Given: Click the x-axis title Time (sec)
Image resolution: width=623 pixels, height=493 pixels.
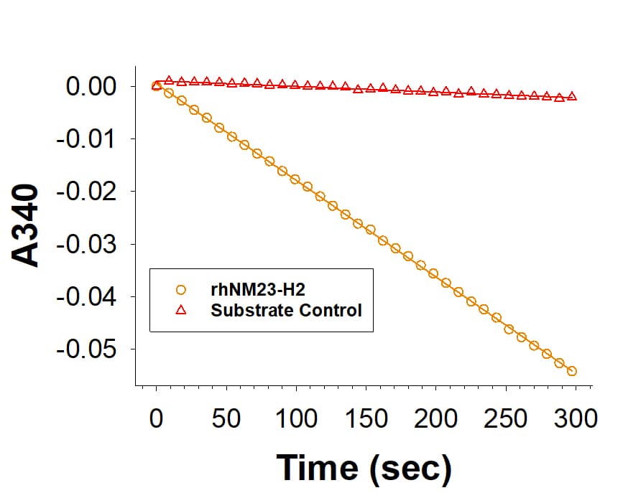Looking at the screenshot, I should [x=364, y=466].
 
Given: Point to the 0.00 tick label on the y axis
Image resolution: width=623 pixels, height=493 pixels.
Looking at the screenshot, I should [x=91, y=87].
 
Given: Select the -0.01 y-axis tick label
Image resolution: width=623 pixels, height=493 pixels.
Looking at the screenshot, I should [x=88, y=139].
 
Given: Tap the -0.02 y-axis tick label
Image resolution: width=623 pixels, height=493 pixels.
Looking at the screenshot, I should [x=88, y=192].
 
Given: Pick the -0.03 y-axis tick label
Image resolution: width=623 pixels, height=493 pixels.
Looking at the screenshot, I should [x=88, y=244].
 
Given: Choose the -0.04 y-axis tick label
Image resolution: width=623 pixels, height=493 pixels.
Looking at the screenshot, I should [x=88, y=296].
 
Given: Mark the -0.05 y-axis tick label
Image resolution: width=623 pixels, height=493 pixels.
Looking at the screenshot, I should [x=88, y=349].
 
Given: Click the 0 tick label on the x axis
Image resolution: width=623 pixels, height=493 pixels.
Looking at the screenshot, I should [x=156, y=418].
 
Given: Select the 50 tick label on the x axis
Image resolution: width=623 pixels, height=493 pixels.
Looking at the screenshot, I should [x=226, y=418].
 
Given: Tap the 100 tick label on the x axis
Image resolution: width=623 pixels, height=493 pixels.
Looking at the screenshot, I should [x=296, y=418].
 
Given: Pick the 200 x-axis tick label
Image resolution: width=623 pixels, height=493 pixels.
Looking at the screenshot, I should [x=436, y=418].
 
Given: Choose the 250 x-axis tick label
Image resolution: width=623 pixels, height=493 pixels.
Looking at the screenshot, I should [x=507, y=418].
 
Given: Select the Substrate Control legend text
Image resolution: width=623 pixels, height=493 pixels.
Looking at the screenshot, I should [x=286, y=311].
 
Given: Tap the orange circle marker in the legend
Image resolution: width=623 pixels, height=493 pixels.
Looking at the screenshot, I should [x=180, y=290].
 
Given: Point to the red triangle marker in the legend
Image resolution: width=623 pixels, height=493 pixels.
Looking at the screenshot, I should [x=180, y=311].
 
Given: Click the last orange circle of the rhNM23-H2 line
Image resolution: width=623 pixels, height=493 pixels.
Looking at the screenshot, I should [x=572, y=371].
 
